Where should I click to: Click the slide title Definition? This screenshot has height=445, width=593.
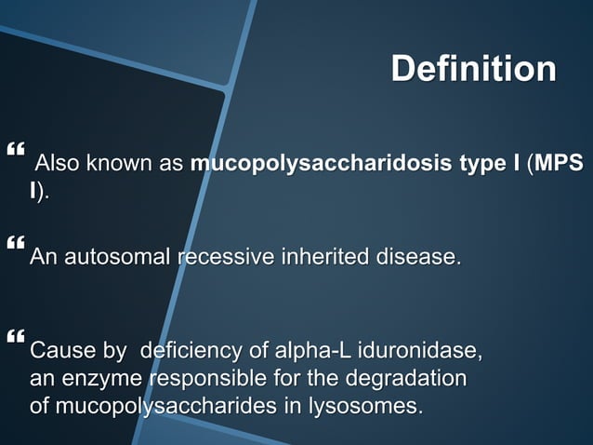pos(473,69)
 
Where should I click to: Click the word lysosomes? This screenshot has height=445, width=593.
pos(372,406)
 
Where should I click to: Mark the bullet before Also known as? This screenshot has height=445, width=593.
pos(14,149)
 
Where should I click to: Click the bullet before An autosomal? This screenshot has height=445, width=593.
pos(14,244)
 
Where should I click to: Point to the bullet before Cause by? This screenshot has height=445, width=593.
pos(14,335)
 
